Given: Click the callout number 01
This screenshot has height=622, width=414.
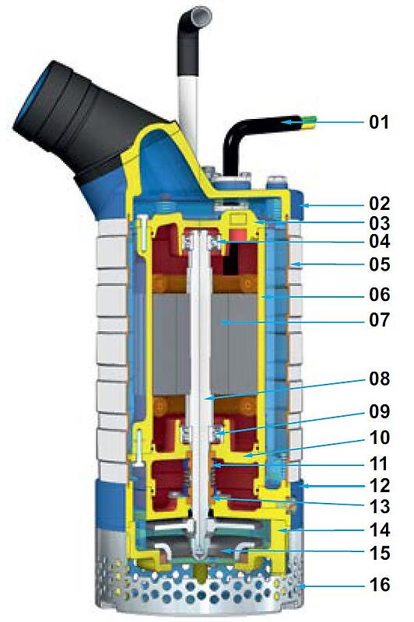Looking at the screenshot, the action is coord(379,122).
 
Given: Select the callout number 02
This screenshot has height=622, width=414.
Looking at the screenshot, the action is coord(380,204).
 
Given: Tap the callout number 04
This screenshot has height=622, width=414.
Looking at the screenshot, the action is coord(380,241).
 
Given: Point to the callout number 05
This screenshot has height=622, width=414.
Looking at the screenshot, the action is coord(380,264).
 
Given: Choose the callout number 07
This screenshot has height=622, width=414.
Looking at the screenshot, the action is coord(380,320).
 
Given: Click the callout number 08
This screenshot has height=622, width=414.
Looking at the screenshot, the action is coord(380,379).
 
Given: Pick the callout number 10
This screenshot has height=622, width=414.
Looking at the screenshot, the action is coord(380,437).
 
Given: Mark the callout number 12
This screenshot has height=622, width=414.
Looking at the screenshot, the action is coord(380,485).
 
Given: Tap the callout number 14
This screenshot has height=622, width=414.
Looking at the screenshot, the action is coord(380,530).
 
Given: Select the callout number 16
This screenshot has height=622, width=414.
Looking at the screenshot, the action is coord(380,585).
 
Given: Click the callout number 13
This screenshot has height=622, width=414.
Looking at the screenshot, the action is coord(380,507).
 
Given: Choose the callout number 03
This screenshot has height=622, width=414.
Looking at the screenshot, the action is coord(380,223).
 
